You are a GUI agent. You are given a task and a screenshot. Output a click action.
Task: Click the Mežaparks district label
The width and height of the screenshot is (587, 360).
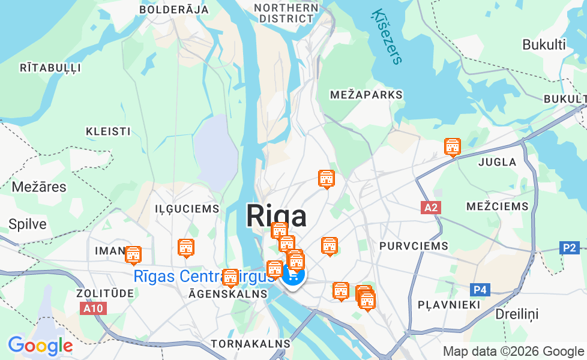pyautogui.click(x=366, y=95)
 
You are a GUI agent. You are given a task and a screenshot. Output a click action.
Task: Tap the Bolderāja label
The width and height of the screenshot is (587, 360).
pyautogui.click(x=174, y=10)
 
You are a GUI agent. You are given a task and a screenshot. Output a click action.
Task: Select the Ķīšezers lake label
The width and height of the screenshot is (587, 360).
pyautogui.click(x=387, y=36)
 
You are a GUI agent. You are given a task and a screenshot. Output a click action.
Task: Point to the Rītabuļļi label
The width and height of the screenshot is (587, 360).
pyautogui.click(x=50, y=68)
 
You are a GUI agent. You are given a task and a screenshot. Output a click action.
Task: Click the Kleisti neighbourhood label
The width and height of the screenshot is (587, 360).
pyautogui.click(x=108, y=131)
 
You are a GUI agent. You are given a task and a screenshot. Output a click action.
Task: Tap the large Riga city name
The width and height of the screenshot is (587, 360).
pyautogui.click(x=276, y=216)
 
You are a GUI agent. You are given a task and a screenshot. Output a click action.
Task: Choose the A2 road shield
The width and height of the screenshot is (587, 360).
pyautogui.click(x=430, y=208)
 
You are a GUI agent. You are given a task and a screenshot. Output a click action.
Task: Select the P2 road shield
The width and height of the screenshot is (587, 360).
pyautogui.click(x=570, y=247)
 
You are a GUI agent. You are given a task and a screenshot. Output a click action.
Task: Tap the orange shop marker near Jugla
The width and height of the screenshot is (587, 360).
pyautogui.click(x=453, y=146)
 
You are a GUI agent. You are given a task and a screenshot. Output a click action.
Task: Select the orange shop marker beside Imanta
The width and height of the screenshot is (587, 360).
pyautogui.click(x=133, y=255)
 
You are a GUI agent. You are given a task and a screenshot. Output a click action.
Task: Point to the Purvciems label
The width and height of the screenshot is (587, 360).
pyautogui.click(x=414, y=246)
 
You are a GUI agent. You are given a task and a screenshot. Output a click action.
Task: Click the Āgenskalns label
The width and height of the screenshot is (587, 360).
pyautogui.click(x=227, y=294)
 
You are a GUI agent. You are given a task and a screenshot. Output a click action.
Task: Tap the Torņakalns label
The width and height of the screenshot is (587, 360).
pyautogui.click(x=250, y=344)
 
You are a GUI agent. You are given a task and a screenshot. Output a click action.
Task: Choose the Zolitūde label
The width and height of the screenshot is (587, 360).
pyautogui.click(x=97, y=293)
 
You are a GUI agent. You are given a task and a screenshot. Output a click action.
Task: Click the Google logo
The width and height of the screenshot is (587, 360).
pyautogui.click(x=40, y=346)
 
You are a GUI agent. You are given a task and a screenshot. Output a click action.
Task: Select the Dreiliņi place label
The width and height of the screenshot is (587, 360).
pyautogui.click(x=517, y=314)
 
